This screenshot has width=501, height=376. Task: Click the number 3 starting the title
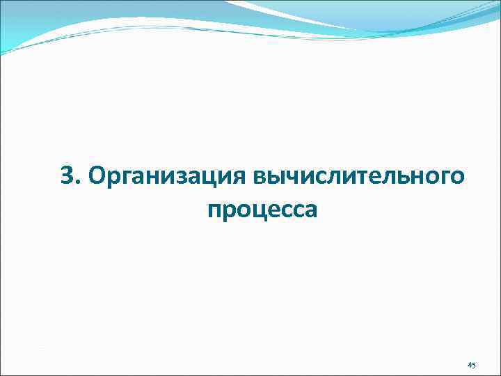(x=67, y=177)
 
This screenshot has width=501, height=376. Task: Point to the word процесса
(x=262, y=209)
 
